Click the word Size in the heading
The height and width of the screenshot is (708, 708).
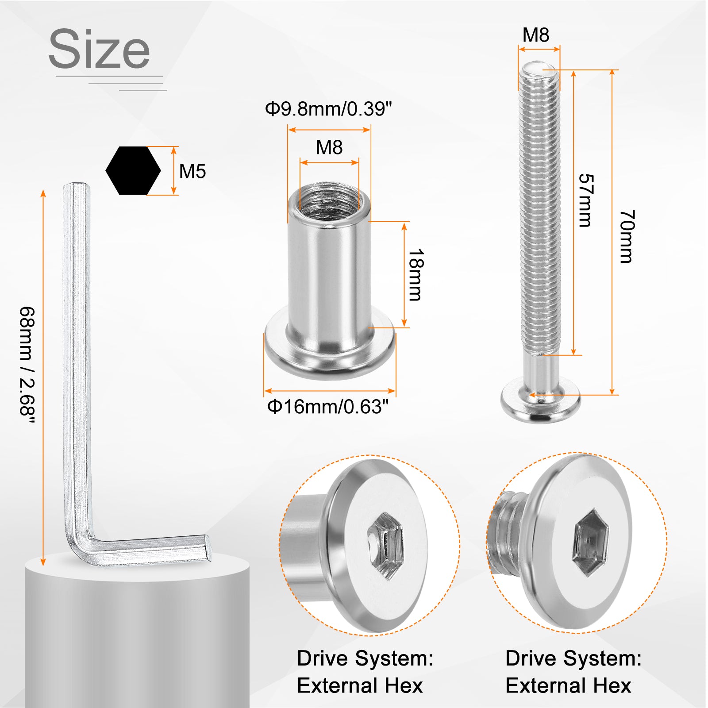[x=100, y=49]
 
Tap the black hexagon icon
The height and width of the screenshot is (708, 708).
[x=133, y=170]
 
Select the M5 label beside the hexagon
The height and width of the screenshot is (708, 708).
[x=192, y=171]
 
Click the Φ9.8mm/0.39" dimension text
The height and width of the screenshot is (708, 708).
[x=329, y=109]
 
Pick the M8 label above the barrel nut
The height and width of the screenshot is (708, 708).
[x=329, y=147]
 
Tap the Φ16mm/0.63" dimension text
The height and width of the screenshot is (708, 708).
[x=328, y=407]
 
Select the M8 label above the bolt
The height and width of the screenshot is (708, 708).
[x=536, y=35]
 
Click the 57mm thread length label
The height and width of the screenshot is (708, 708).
[x=586, y=200]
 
